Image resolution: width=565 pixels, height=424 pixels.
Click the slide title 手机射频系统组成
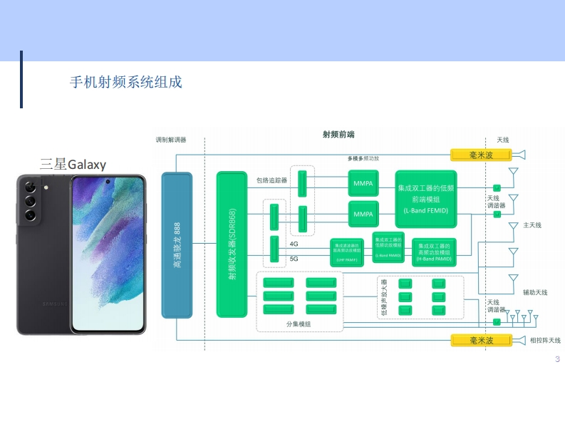(x=126, y=82)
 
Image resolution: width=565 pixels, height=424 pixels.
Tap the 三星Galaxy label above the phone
(x=73, y=165)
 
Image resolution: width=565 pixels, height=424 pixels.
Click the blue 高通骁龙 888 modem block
(x=177, y=244)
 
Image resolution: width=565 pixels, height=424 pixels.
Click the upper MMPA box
(x=363, y=182)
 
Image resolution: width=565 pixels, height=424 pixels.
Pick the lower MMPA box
(x=363, y=214)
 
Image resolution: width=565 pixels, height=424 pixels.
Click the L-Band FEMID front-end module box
(x=425, y=199)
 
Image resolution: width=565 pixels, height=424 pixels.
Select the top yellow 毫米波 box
(x=481, y=155)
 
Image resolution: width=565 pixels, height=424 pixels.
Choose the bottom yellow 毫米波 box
(x=481, y=340)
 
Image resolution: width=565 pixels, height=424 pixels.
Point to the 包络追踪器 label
(x=271, y=180)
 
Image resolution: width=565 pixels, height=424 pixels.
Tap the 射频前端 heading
(x=338, y=135)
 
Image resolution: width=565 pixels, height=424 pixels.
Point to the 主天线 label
(x=532, y=225)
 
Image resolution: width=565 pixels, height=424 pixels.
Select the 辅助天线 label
(x=535, y=292)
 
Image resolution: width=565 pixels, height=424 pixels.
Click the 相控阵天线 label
(x=545, y=341)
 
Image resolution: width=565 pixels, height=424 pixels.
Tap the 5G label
(x=294, y=259)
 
